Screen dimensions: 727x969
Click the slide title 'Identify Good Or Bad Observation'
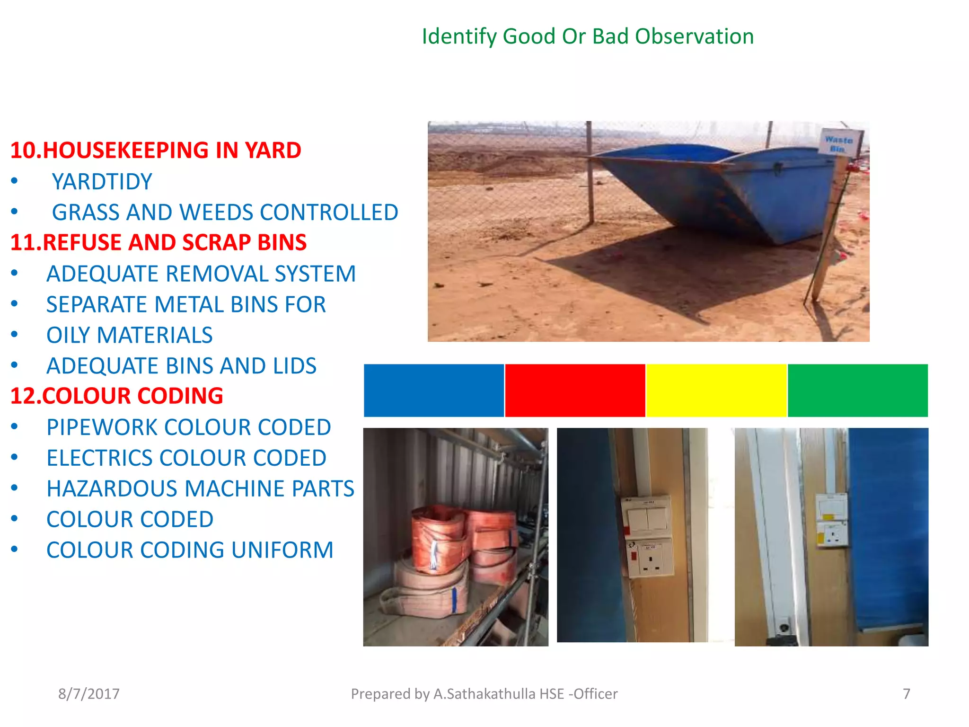[x=587, y=36]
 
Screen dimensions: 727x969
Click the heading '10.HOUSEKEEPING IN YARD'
[x=156, y=151]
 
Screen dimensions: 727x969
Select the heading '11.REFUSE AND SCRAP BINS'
[x=159, y=242]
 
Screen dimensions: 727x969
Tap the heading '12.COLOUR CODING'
[x=116, y=396]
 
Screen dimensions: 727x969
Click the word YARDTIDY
[x=102, y=182]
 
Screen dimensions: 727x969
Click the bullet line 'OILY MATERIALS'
[x=129, y=335]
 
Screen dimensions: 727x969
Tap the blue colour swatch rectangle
[x=433, y=390]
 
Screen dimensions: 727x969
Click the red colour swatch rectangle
[x=575, y=390]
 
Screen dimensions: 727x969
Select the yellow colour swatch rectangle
[x=716, y=390]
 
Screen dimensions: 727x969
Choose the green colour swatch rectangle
[x=857, y=390]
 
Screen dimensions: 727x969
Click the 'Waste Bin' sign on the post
[x=838, y=142]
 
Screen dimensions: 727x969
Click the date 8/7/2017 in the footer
[x=89, y=694]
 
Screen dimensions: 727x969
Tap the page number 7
[x=907, y=694]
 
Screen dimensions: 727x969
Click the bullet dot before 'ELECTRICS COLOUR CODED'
[x=15, y=458]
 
